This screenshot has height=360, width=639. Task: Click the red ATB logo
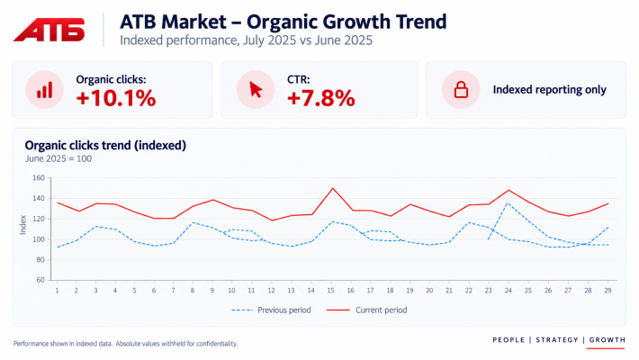[x=49, y=30]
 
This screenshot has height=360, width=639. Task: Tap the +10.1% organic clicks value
[x=116, y=98]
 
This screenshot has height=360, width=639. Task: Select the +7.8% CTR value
[x=320, y=98]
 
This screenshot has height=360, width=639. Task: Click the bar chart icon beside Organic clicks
[x=44, y=90]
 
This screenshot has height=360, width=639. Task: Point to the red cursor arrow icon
[x=256, y=90]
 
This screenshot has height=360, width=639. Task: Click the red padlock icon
[x=461, y=90]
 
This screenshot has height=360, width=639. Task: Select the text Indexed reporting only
[x=549, y=90]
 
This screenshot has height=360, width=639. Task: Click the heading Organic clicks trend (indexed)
[x=105, y=146]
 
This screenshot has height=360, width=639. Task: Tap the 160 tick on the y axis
[x=39, y=178]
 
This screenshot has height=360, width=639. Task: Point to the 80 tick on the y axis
[x=40, y=260]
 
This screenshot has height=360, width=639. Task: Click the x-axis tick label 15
[x=330, y=291]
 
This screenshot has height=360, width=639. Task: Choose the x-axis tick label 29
[x=607, y=291]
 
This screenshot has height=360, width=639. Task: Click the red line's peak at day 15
[x=332, y=188]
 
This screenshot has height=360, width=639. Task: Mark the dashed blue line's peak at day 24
[x=508, y=203]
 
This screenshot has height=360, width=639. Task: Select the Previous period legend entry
[x=271, y=310]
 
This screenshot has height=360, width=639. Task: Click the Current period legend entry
[x=367, y=310]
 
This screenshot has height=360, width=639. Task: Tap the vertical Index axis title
[x=22, y=225]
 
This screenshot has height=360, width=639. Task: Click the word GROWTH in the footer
[x=607, y=339]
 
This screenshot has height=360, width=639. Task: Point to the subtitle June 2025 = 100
[x=58, y=159]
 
